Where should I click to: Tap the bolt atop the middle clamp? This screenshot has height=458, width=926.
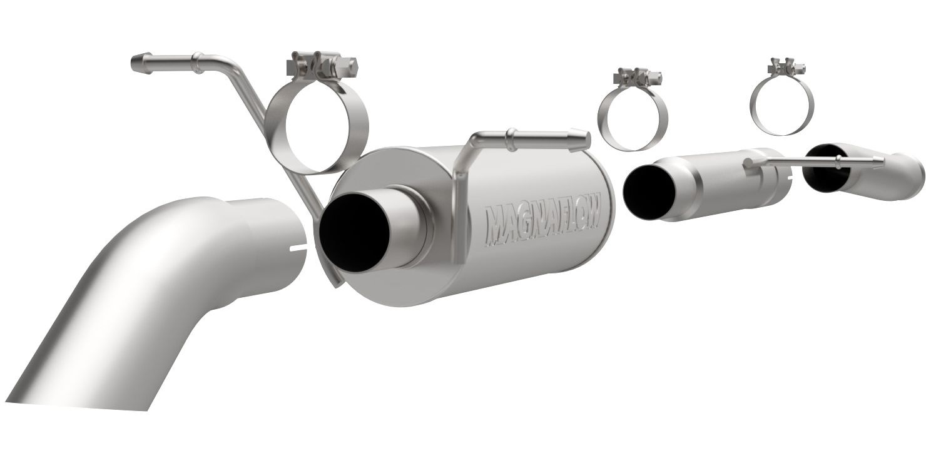coord(638,76)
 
